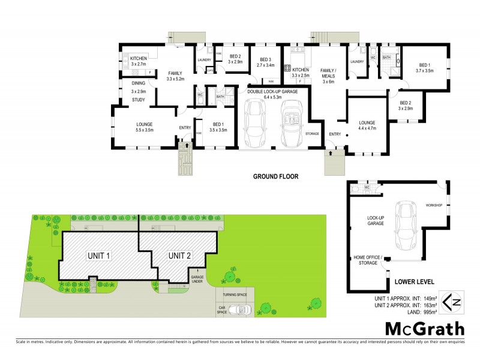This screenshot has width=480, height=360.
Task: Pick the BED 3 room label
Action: click(x=266, y=59)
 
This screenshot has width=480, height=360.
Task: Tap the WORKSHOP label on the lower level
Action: click(x=434, y=205)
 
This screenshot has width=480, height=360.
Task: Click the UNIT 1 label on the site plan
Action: click(x=100, y=256)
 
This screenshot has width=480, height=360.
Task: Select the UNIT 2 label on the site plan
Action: click(x=179, y=256)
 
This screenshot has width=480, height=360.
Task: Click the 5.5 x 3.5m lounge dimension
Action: click(x=145, y=130)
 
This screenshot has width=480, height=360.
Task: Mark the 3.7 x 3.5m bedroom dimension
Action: click(x=424, y=71)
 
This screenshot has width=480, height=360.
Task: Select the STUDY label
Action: click(x=139, y=100)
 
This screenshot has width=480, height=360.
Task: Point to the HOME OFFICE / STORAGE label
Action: click(x=368, y=260)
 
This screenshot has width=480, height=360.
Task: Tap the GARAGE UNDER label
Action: click(x=197, y=280)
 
